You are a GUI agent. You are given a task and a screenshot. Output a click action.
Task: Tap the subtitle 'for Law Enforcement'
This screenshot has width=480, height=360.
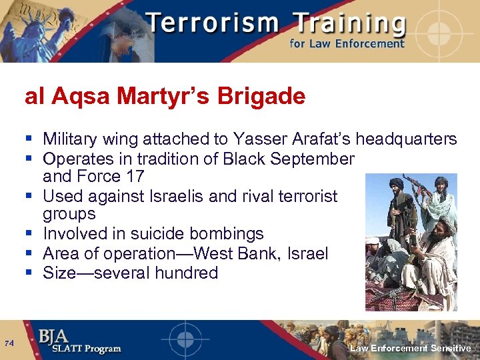346,44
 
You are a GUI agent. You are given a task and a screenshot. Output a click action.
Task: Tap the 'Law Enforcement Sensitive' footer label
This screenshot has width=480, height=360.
411,348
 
